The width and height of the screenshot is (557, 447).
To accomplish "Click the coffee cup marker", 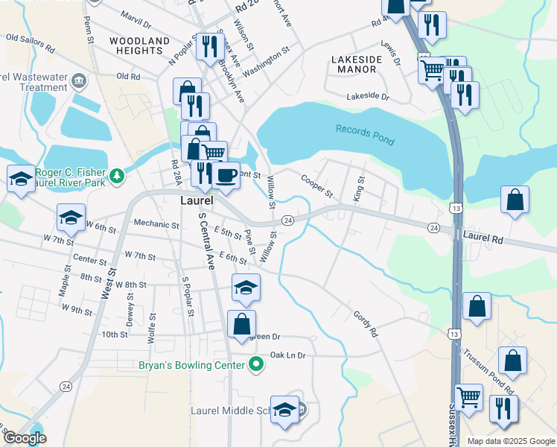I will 226,176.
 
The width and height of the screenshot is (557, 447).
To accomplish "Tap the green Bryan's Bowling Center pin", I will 257,365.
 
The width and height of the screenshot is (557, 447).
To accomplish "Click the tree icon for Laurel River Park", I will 116,176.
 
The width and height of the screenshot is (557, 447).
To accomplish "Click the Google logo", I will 25,438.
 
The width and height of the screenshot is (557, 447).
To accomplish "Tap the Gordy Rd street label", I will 366,324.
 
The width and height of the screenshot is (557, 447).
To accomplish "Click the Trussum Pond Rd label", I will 488,372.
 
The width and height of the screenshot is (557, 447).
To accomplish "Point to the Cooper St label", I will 316,186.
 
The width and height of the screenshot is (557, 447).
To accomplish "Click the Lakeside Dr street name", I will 368,96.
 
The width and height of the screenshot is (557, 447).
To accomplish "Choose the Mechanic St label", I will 156,224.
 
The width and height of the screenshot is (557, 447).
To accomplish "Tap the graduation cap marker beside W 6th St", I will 71,217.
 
